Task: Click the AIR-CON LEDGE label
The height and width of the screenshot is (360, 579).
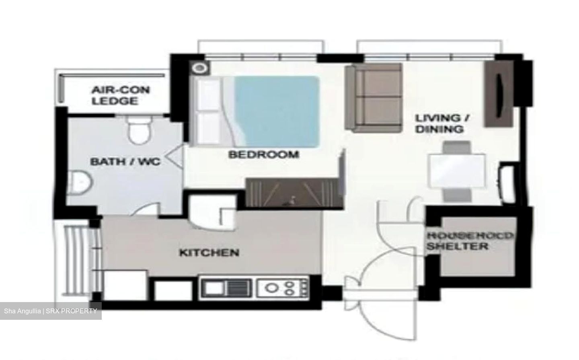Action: coord(120,95)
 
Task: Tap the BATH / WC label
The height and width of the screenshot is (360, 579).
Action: coord(125,162)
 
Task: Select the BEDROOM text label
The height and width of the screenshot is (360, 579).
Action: coord(263,154)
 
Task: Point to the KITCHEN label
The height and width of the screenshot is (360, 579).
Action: coord(209,253)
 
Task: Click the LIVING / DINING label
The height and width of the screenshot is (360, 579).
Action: coord(443,123)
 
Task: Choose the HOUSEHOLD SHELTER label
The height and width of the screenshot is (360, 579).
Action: coord(469,241)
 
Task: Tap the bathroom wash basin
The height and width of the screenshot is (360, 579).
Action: coord(80,183)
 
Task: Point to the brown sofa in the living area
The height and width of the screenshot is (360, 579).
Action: coord(374,98)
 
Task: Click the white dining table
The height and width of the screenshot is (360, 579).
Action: coord(457,171)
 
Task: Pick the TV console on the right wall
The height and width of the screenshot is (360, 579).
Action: coord(499,94)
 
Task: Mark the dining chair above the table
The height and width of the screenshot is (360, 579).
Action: coord(457,147)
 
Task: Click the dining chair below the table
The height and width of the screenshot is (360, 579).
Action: coord(457,195)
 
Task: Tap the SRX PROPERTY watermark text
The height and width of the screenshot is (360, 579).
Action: coord(51,311)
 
